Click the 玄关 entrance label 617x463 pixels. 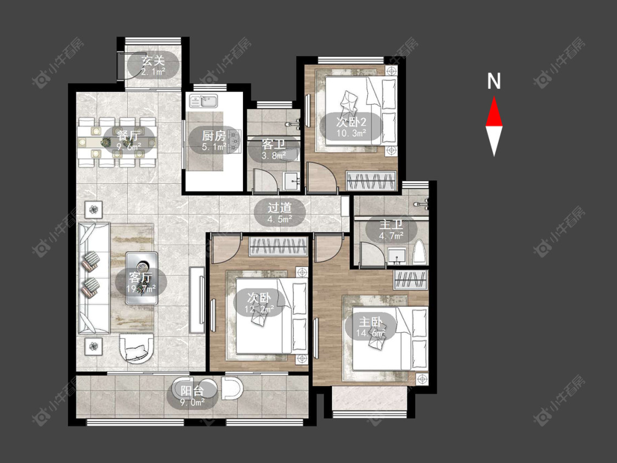tap(153, 61)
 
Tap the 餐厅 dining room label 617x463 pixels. tap(128, 136)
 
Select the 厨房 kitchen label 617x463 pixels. tap(214, 136)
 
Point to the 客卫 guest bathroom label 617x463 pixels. tap(274, 144)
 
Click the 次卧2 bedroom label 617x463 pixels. tap(352, 121)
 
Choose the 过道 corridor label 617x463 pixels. tap(280, 207)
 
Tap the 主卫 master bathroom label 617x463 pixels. tap(391, 224)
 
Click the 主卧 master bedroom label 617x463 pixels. tap(371, 322)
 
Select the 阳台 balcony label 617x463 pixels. tap(193, 391)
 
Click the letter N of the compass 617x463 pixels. tap(494, 81)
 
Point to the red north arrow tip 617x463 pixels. tap(494, 97)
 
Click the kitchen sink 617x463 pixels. tap(204, 101)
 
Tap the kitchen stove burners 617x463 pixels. tap(235, 140)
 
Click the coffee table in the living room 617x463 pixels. tap(141, 278)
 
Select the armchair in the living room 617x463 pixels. tap(136, 349)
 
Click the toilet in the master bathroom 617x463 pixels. tap(420, 252)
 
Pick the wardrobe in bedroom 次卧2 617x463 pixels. tap(370, 180)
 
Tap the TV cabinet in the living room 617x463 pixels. tap(197, 300)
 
